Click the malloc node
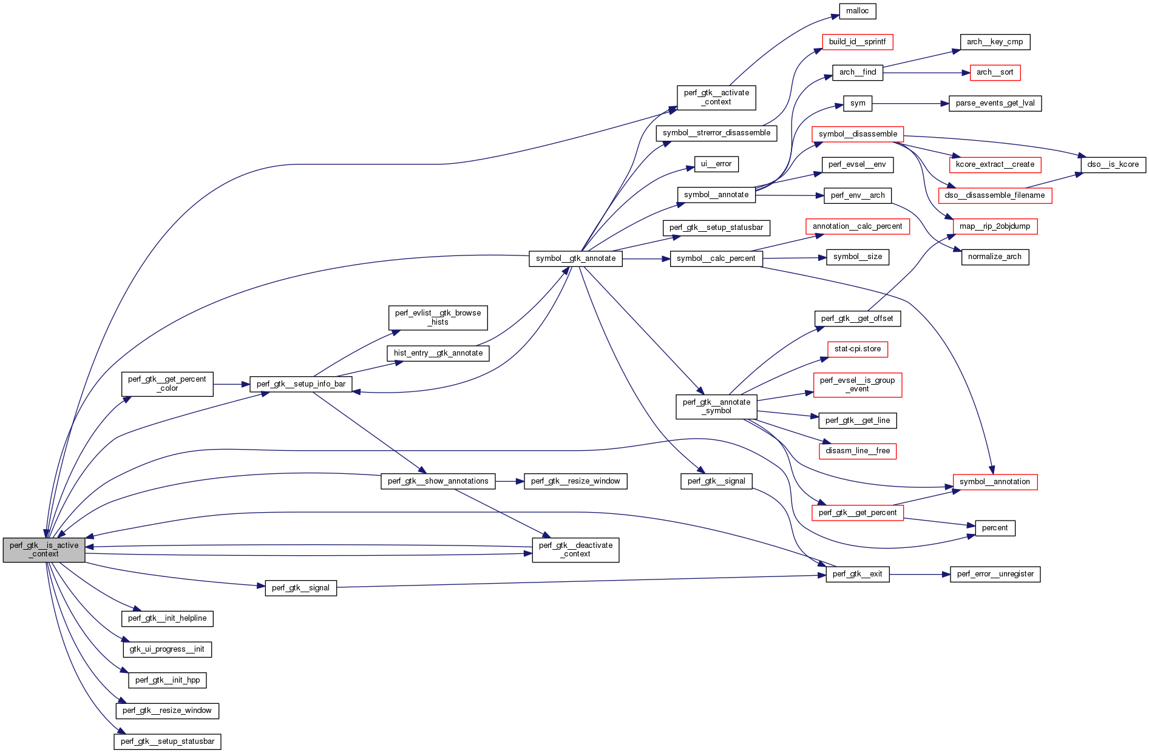pos(857,11)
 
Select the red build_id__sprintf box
pos(857,42)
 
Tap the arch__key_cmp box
pos(994,42)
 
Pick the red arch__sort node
pos(994,72)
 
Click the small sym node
pos(857,103)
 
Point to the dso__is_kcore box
pos(1113,164)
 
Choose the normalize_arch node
pos(994,257)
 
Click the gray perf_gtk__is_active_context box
pos(44,549)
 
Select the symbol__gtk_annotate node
pos(575,258)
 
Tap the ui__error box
pos(716,164)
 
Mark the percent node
pos(994,528)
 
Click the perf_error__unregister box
pos(994,574)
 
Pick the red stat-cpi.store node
pos(857,349)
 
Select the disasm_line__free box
pos(857,451)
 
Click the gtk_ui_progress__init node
pos(166,649)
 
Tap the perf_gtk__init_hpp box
pos(167,680)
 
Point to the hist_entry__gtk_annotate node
pos(438,353)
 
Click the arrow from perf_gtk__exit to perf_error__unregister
pos(920,574)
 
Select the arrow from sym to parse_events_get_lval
pos(910,104)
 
